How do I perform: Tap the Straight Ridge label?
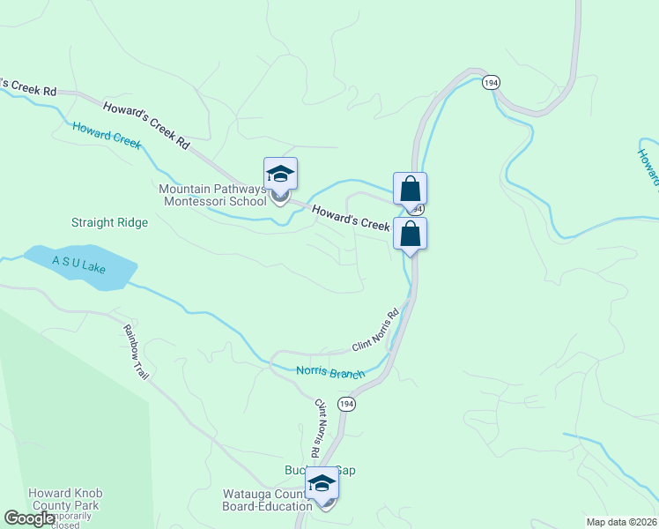[109, 223]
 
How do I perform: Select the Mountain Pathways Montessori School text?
[211, 195]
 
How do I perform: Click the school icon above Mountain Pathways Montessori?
[280, 174]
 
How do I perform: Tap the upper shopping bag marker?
[410, 189]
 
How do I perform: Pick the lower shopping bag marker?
[410, 235]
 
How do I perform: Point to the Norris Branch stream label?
[330, 373]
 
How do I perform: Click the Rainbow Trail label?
[137, 352]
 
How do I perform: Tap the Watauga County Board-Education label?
[266, 501]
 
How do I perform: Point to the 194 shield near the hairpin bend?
[491, 82]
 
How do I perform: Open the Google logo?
[29, 518]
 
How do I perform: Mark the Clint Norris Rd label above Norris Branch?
[376, 329]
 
